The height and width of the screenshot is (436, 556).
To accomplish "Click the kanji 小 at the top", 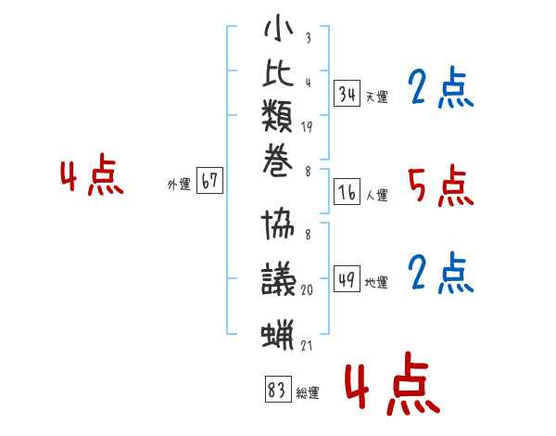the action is point(279,28).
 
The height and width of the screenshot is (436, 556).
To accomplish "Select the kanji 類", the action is point(277,117).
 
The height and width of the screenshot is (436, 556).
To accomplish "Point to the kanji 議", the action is point(279,278).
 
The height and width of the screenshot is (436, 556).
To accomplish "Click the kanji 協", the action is point(278,224).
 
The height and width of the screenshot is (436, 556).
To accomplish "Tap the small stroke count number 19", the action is point(307,127).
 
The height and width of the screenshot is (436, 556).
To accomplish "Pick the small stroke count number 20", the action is point(307,290).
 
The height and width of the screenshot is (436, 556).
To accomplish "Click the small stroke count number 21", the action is point(307,345).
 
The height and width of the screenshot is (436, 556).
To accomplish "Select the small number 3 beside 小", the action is point(309,38).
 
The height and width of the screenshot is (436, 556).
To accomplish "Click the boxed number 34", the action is point(347,94).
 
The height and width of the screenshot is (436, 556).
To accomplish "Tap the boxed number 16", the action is point(347,192).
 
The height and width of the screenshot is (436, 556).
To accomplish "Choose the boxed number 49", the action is point(347,278).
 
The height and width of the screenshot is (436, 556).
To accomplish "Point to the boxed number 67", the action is point(209,180).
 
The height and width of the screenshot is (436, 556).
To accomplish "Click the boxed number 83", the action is point(278,389).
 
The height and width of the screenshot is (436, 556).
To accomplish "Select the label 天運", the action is point(377,96).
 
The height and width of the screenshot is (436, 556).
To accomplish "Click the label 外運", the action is point(179,185).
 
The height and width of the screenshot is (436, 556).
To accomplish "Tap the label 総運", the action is point(308,393).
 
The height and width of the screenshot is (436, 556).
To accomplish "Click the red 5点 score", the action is point(441,186).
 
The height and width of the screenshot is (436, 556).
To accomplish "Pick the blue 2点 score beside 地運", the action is point(441,273).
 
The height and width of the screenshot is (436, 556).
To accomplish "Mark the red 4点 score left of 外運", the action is point(92,174).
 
